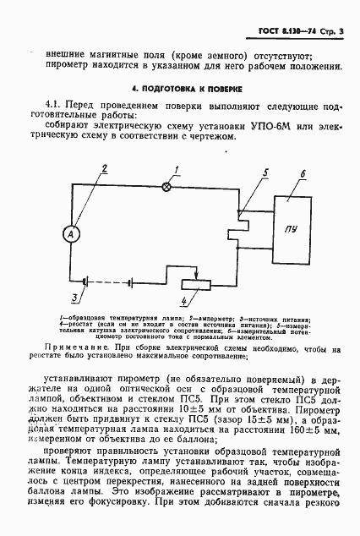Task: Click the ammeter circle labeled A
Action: [74, 234]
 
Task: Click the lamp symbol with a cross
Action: [166, 186]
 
